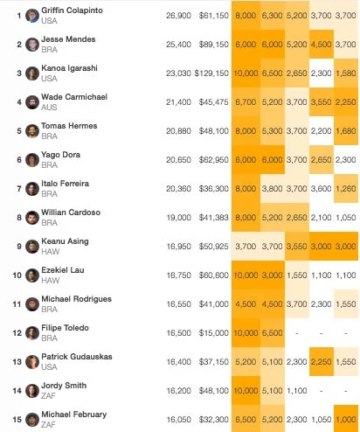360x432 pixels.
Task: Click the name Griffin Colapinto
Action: tap(72, 10)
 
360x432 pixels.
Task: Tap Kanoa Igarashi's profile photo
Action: tap(32, 73)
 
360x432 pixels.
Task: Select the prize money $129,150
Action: tap(211, 73)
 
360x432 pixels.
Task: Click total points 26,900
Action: tap(178, 16)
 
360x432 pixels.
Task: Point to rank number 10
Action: tap(17, 275)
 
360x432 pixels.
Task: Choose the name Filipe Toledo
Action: tap(65, 328)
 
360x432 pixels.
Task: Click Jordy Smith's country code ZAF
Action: tap(48, 395)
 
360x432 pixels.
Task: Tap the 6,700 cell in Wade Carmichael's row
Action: tap(246, 102)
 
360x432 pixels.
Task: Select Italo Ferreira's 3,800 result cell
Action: tap(273, 189)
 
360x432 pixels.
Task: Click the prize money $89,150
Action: tap(214, 45)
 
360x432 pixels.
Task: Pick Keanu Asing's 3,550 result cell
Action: tap(297, 247)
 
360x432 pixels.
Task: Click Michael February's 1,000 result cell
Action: tap(346, 420)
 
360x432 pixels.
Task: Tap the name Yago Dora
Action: tap(60, 155)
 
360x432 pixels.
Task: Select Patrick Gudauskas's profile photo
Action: tap(32, 362)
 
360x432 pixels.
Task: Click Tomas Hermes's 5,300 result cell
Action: tap(273, 131)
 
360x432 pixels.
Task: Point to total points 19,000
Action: tap(179, 218)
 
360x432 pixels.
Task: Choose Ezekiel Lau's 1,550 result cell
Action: tap(297, 275)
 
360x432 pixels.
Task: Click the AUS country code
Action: tap(49, 108)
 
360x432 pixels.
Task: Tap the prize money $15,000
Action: tap(214, 333)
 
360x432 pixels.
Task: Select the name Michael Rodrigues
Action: tap(76, 299)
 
